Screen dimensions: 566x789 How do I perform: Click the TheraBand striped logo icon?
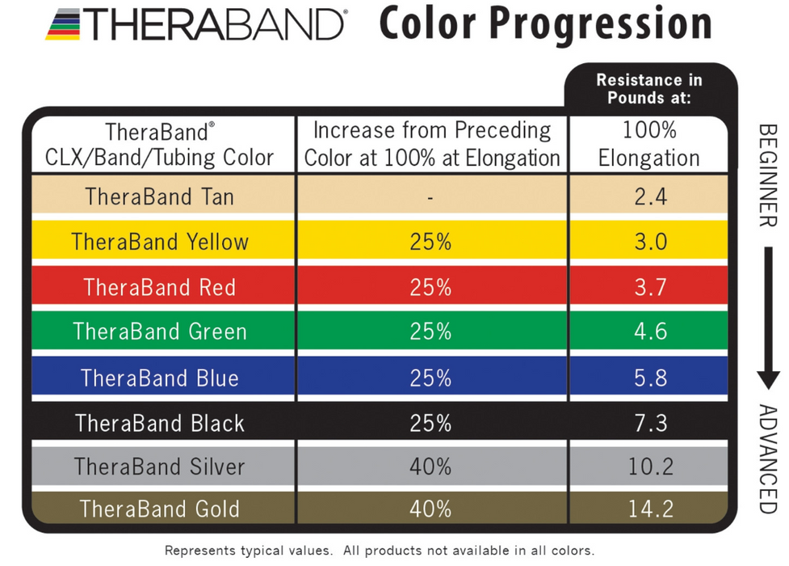pyautogui.click(x=62, y=25)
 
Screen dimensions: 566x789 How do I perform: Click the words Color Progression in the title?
pyautogui.click(x=545, y=24)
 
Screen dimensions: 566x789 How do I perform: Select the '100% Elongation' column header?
pyautogui.click(x=648, y=144)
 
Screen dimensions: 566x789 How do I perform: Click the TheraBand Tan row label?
pyautogui.click(x=159, y=196)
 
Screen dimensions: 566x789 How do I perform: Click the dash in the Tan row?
pyautogui.click(x=431, y=197)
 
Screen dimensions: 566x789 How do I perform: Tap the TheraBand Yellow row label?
pyautogui.click(x=159, y=242)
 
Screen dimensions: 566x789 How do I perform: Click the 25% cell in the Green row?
pyautogui.click(x=431, y=332)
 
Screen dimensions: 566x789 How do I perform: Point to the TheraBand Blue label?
pyautogui.click(x=159, y=378)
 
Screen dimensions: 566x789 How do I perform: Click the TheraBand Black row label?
pyautogui.click(x=159, y=423)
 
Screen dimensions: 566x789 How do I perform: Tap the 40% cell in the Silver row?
pyautogui.click(x=431, y=467)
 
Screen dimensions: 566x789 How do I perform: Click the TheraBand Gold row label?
pyautogui.click(x=159, y=509)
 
